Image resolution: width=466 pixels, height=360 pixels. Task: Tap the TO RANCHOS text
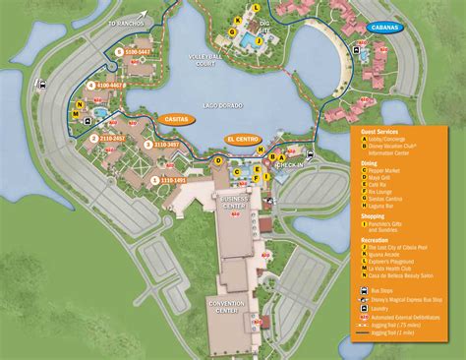point(127,21)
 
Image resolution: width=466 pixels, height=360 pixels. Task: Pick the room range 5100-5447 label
point(135,51)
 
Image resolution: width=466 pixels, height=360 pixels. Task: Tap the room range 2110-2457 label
point(112,139)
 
